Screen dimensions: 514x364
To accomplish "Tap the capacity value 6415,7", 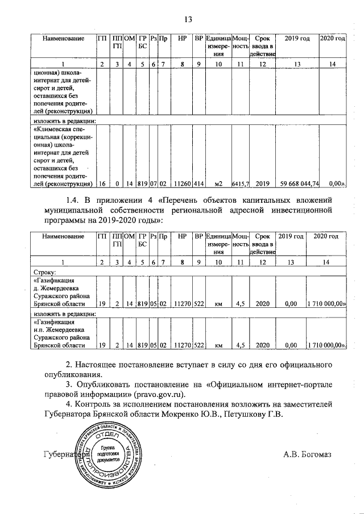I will click(241, 184).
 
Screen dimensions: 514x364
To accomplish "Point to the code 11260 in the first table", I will click(182, 184).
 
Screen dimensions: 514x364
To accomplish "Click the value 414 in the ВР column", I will click(198, 184).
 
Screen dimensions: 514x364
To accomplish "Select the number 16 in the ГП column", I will click(101, 184).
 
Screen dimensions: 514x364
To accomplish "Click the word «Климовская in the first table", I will click(55, 129).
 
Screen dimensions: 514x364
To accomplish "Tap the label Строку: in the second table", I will click(44, 272).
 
